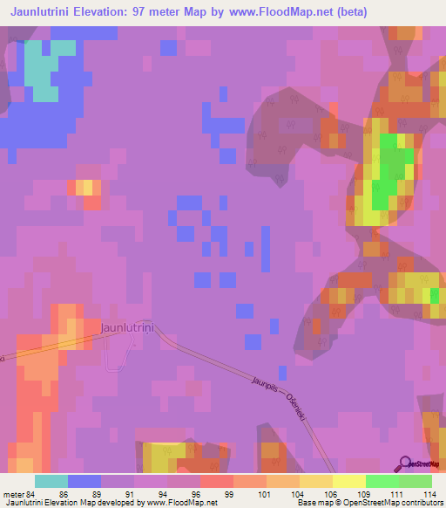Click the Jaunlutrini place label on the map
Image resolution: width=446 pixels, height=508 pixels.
tap(133, 326)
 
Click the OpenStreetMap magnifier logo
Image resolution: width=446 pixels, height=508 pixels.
tap(406, 463)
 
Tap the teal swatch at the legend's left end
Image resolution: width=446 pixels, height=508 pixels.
tap(51, 480)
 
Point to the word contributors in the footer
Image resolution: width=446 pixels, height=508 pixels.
tap(420, 503)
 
